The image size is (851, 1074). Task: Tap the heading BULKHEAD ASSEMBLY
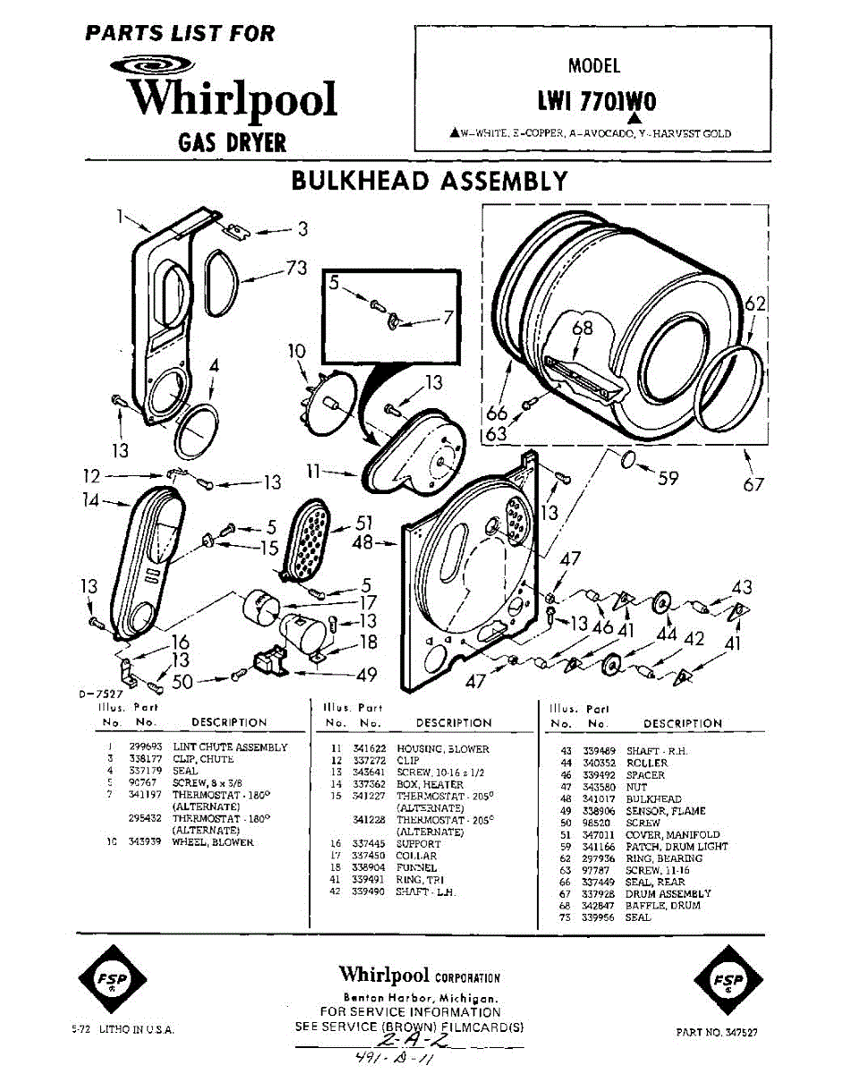pos(430,181)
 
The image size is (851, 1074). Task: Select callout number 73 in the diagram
pos(296,268)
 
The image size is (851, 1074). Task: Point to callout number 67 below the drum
pos(753,484)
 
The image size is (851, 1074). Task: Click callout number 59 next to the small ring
pos(668,478)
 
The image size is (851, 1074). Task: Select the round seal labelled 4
pos(195,431)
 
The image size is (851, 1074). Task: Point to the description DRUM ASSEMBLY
pos(668,893)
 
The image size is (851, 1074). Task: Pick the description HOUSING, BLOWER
pos(442,748)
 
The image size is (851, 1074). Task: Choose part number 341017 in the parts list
pos(598,799)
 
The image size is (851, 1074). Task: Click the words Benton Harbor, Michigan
pos(421,998)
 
